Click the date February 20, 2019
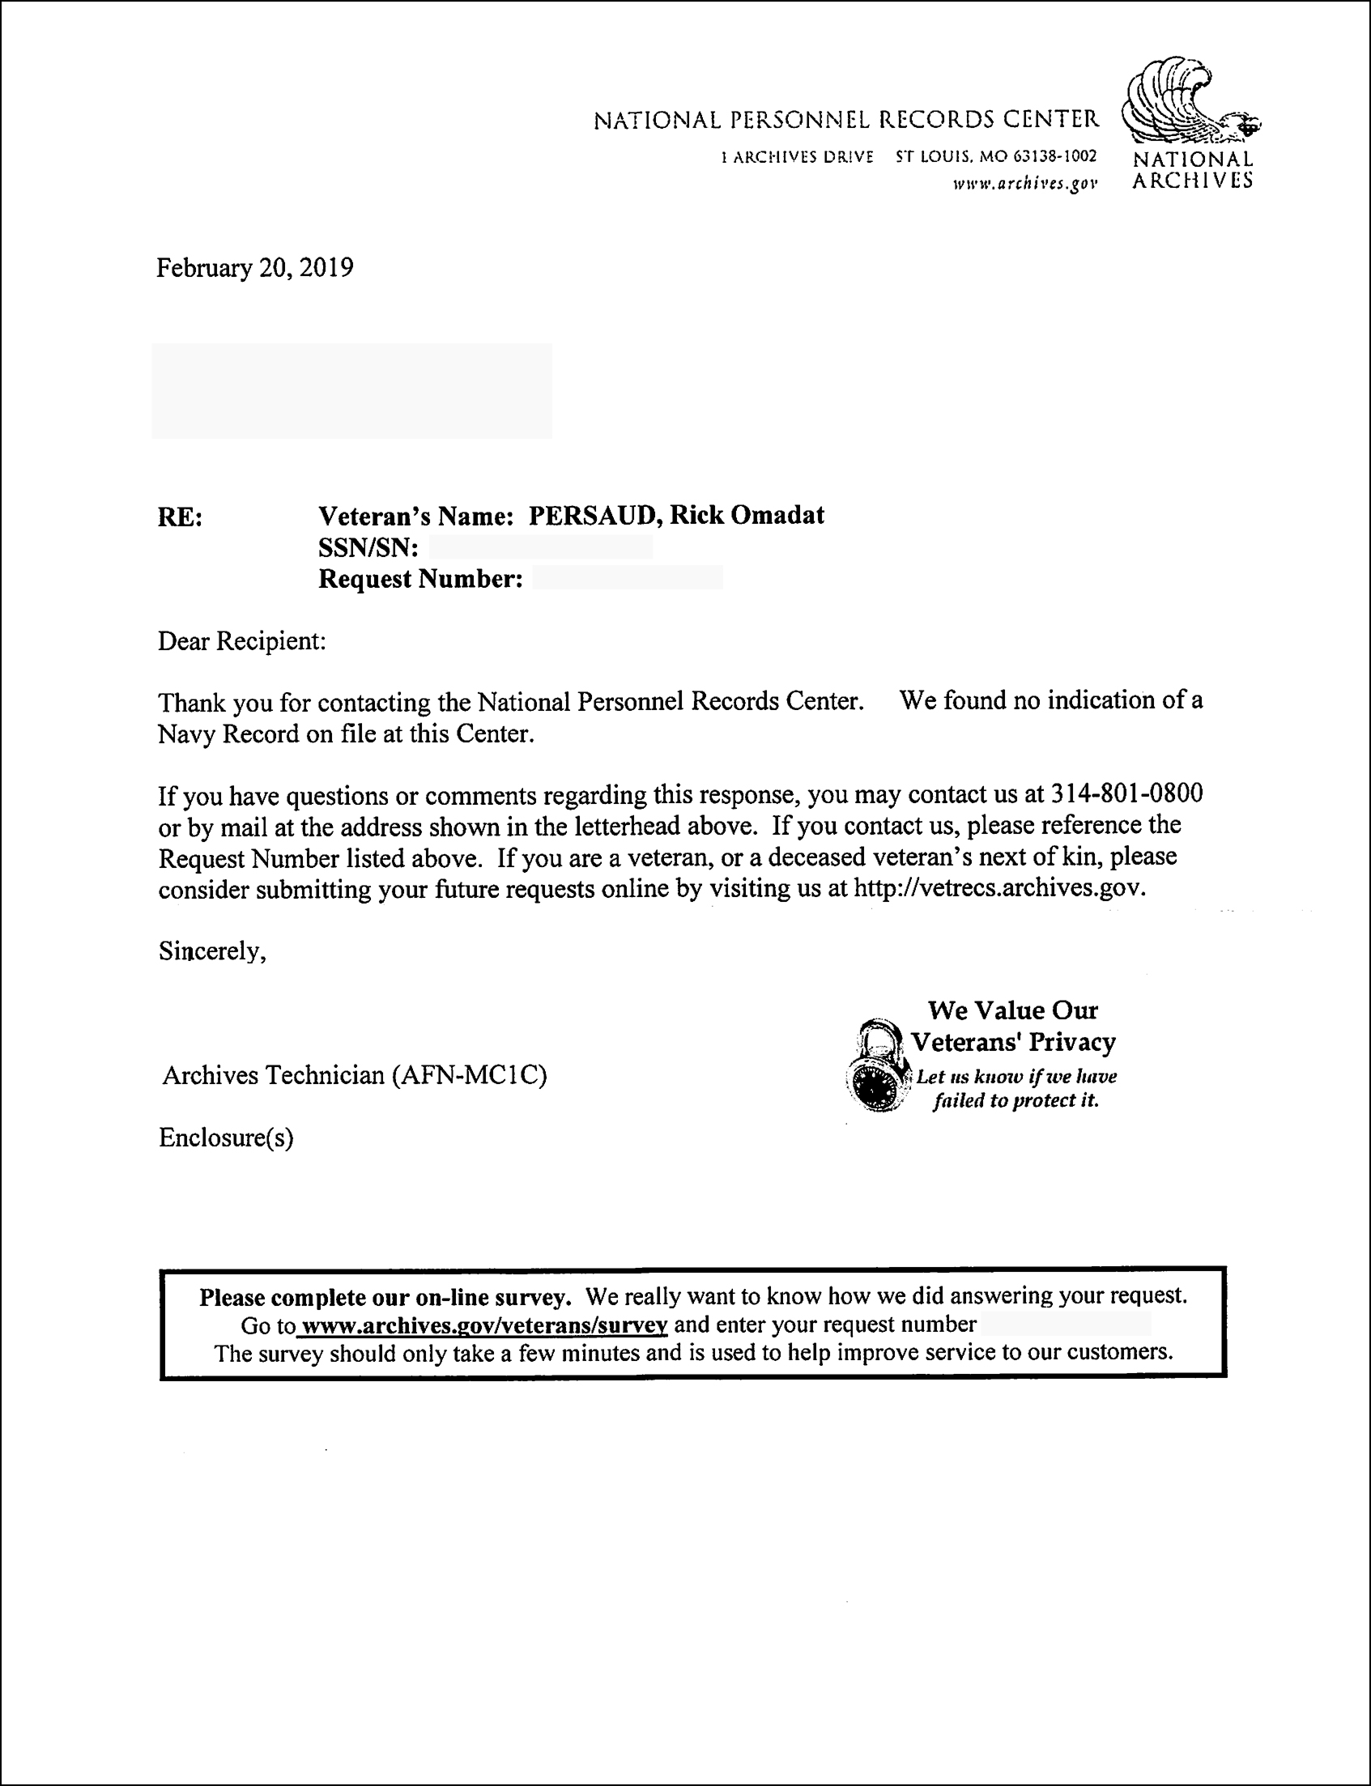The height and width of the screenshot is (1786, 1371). (254, 269)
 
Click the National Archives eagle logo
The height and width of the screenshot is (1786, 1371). (1190, 103)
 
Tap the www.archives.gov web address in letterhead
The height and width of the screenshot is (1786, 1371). (1025, 185)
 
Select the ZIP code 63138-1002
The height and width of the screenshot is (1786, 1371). (1055, 155)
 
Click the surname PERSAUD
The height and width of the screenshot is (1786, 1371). (595, 516)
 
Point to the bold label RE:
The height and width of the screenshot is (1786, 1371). (180, 517)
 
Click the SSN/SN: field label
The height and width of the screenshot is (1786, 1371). (368, 547)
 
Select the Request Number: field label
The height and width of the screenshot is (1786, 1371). (420, 580)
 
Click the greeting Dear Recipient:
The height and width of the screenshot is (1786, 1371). (241, 641)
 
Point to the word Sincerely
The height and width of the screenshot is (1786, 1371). (211, 951)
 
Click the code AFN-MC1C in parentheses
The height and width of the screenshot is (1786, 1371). (469, 1075)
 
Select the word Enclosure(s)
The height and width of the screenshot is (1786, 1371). (226, 1138)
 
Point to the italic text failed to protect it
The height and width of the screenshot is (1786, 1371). (1016, 1100)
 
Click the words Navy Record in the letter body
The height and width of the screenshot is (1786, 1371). (228, 734)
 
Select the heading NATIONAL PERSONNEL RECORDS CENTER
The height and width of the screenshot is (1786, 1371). (846, 121)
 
